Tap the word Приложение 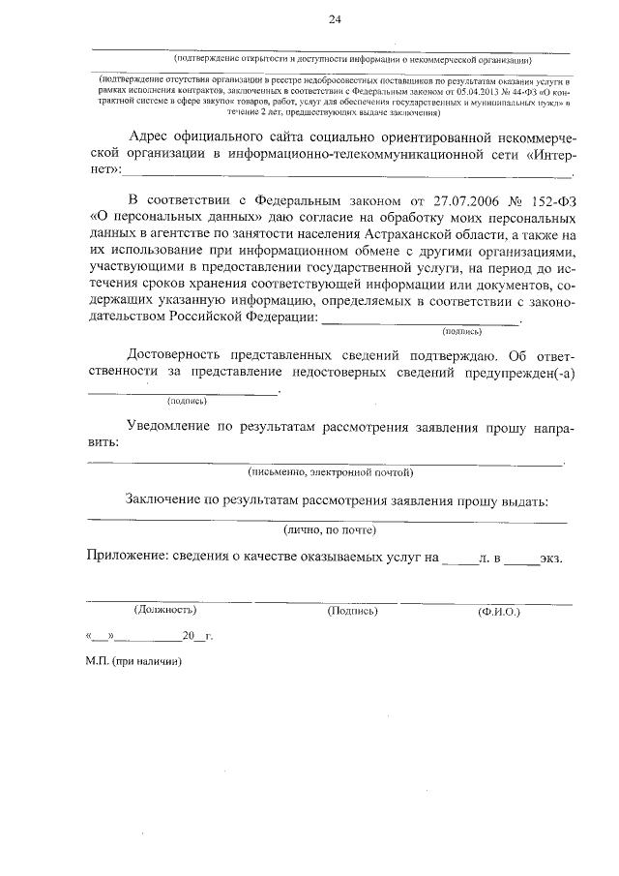pyautogui.click(x=130, y=559)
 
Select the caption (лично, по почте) pyautogui.click(x=330, y=531)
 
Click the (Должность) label pyautogui.click(x=165, y=611)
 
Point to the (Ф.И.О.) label pyautogui.click(x=499, y=612)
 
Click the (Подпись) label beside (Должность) pyautogui.click(x=352, y=611)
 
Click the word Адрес pyautogui.click(x=153, y=136)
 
